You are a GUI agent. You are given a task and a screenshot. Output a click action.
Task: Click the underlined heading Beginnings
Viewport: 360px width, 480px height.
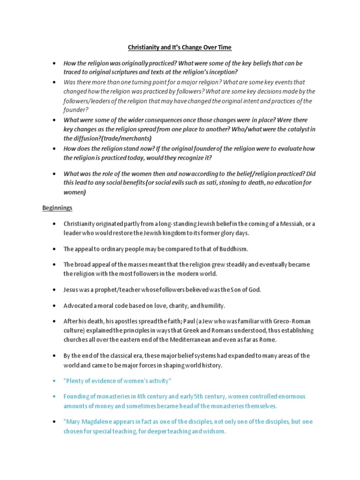57,207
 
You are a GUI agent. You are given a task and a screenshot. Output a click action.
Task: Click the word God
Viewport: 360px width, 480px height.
254,290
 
